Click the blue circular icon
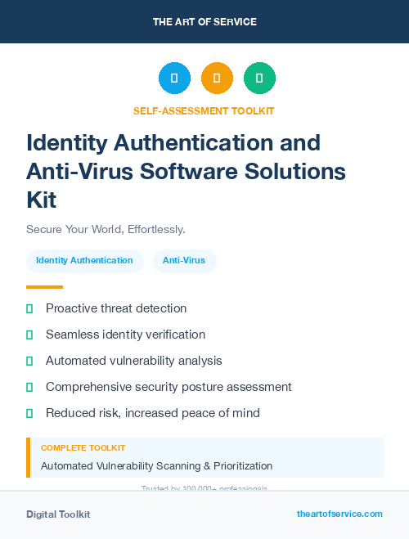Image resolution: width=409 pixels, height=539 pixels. [x=174, y=79]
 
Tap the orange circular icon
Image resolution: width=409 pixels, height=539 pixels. [x=217, y=79]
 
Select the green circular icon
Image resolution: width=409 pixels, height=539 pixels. [x=259, y=79]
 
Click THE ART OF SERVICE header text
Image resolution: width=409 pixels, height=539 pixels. [x=204, y=22]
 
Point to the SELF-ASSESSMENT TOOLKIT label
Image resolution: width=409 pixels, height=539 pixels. [x=204, y=111]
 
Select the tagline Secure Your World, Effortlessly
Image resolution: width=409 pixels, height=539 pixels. [x=106, y=229]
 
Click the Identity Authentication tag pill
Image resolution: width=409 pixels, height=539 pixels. [x=84, y=260]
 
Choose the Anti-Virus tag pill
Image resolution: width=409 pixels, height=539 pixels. [x=184, y=260]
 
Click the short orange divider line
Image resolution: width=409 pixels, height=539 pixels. [x=44, y=287]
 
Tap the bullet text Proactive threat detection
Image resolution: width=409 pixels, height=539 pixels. [x=116, y=308]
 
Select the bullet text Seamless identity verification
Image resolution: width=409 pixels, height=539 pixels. [x=125, y=335]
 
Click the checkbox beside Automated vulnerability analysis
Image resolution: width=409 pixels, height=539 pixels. [x=29, y=361]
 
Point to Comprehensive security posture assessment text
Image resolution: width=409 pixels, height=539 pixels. [x=169, y=387]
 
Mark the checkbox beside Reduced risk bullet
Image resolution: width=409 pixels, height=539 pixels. [x=29, y=413]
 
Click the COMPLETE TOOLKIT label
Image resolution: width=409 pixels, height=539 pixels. [x=83, y=448]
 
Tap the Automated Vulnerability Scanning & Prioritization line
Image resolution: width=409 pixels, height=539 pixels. [x=156, y=466]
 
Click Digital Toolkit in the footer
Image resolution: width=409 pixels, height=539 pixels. [x=58, y=514]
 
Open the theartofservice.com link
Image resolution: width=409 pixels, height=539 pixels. [x=339, y=514]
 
